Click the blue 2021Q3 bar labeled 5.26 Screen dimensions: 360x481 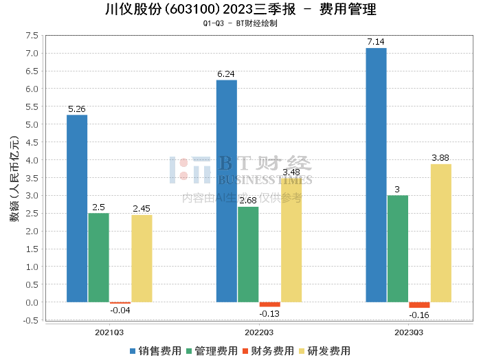point(77,208)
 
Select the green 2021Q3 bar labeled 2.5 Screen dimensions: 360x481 point(98,258)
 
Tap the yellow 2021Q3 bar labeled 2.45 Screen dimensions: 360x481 point(142,258)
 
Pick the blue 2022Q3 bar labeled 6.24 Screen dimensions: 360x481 point(226,191)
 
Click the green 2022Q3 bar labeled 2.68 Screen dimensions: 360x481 point(248,254)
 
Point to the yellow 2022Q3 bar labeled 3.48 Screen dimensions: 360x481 point(291,240)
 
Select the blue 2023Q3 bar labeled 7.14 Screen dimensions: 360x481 point(376,175)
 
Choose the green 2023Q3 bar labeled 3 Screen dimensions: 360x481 point(397,249)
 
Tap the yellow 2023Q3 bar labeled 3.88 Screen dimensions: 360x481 point(441,233)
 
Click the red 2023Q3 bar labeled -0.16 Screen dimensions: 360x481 point(419,305)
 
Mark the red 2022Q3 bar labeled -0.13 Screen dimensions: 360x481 point(269,304)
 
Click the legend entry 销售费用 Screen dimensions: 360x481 point(156,350)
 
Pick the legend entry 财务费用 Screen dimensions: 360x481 point(269,350)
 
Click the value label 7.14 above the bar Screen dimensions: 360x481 point(376,42)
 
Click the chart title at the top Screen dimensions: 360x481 point(240,10)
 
